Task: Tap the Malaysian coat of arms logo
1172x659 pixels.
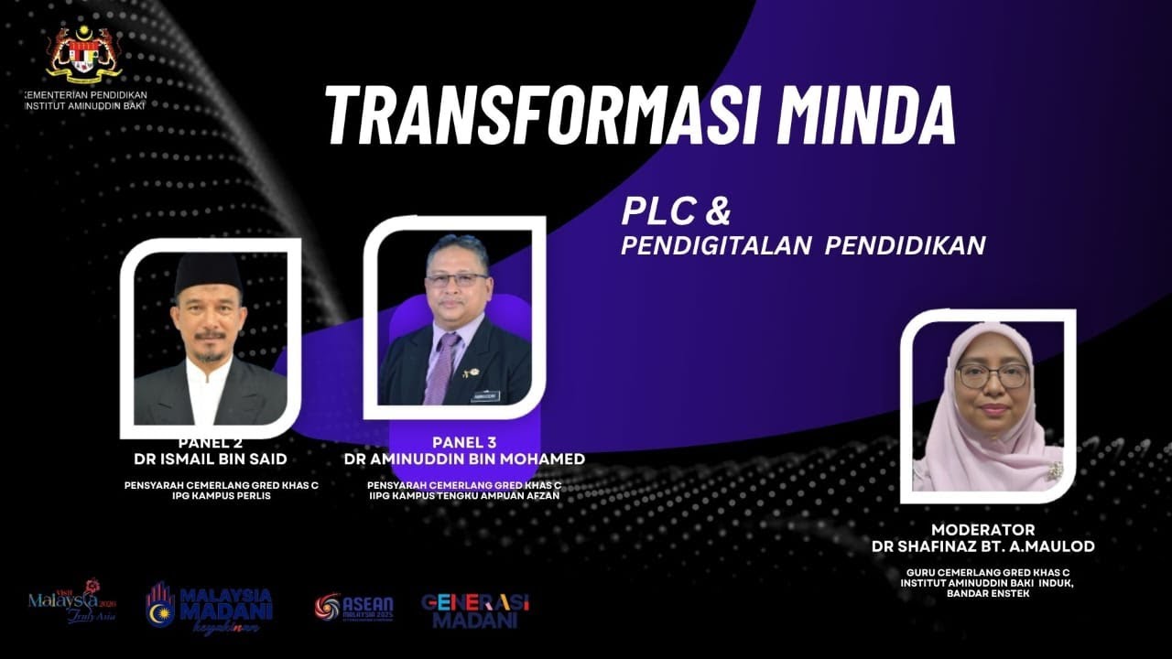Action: [83, 54]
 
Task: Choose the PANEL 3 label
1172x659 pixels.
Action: [464, 443]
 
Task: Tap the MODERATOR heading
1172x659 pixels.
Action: [982, 530]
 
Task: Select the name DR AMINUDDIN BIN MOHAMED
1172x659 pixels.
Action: [464, 459]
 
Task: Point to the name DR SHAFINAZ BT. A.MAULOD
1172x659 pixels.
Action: [982, 546]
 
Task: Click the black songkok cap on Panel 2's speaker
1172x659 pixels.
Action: [209, 271]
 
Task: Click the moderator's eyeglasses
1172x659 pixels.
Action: [993, 375]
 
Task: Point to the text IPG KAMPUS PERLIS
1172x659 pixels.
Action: [222, 496]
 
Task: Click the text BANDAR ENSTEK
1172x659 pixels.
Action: [983, 592]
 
